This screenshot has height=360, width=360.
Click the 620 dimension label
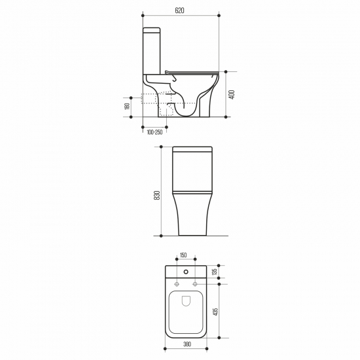click(179, 10)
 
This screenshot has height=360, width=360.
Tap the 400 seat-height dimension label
click(232, 95)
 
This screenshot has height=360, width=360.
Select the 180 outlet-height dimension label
click(128, 106)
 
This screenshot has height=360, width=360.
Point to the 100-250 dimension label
click(154, 132)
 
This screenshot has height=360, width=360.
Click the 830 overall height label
click(157, 195)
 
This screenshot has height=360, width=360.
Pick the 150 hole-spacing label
click(183, 255)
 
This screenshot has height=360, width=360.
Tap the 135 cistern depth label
click(215, 272)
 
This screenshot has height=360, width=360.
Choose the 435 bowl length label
click(215, 312)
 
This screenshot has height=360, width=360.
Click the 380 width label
click(187, 344)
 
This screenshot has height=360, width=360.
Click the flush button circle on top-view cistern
click(186, 272)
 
